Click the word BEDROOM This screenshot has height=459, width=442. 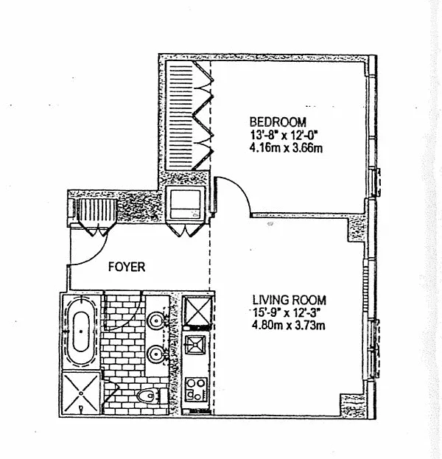(x=278, y=122)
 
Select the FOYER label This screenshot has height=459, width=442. (x=127, y=267)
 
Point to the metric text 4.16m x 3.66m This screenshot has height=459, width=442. (x=287, y=147)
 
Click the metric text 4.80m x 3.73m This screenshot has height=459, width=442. (x=289, y=326)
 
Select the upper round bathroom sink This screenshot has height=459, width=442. (x=156, y=320)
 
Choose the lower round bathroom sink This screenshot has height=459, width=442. (x=156, y=354)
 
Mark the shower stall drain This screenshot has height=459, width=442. (x=80, y=393)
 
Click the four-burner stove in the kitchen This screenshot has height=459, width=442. (x=196, y=388)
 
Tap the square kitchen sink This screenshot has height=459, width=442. (x=196, y=345)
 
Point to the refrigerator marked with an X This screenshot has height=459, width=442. (x=196, y=310)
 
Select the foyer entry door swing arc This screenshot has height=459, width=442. (x=92, y=250)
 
